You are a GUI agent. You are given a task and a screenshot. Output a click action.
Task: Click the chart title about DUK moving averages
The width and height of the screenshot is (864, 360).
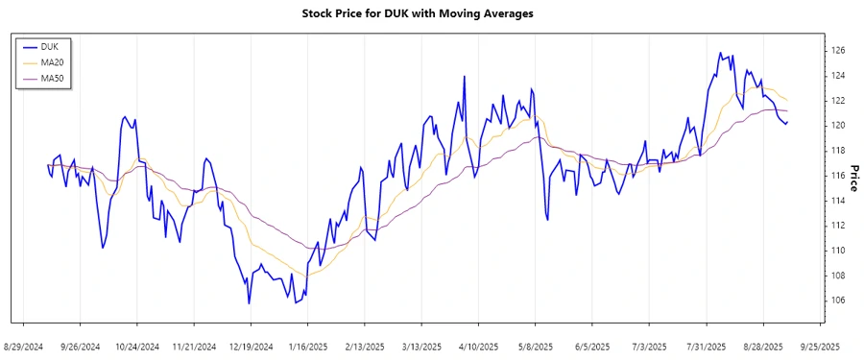431,13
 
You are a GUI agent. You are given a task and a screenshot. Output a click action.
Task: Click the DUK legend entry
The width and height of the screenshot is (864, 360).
51,45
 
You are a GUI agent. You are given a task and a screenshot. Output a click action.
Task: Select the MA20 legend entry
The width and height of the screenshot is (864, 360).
54,62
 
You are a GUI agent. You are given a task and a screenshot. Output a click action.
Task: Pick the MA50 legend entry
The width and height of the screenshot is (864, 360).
54,80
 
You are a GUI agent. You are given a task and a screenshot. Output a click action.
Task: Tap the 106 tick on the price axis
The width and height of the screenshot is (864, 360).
837,300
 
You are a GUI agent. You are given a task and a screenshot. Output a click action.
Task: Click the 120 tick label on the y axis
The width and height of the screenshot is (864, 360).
837,126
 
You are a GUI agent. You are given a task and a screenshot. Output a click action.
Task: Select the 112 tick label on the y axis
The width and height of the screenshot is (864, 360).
837,226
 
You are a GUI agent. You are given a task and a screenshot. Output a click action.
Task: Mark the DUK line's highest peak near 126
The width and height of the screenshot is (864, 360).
719,53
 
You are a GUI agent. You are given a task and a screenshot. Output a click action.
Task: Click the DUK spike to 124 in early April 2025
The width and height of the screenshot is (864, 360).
465,76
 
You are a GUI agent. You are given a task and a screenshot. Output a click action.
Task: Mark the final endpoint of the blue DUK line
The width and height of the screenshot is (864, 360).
788,122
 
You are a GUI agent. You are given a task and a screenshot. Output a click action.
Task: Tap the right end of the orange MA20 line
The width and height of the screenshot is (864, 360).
788,100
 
